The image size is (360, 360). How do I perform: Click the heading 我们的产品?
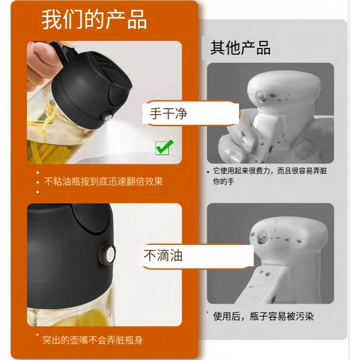click(94, 20)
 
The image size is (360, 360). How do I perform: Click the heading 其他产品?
click(241, 48)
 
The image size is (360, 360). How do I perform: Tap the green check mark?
click(164, 147)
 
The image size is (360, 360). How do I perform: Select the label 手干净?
click(168, 113)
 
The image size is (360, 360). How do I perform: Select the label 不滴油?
click(163, 256)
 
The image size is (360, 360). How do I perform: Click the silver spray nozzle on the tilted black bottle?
click(108, 118)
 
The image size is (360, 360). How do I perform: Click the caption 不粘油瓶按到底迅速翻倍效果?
click(103, 182)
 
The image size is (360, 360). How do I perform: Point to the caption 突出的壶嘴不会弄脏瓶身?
click(92, 340)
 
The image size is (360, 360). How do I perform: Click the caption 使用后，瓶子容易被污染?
click(263, 316)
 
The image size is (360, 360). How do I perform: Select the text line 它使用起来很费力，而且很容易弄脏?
click(270, 171)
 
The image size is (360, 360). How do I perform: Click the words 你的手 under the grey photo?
click(223, 181)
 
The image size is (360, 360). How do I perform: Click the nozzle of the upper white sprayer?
click(260, 95)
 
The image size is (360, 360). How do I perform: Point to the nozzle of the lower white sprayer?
click(261, 236)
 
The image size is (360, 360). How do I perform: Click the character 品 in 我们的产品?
click(137, 20)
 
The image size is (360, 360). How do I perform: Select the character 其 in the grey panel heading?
click(218, 48)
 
